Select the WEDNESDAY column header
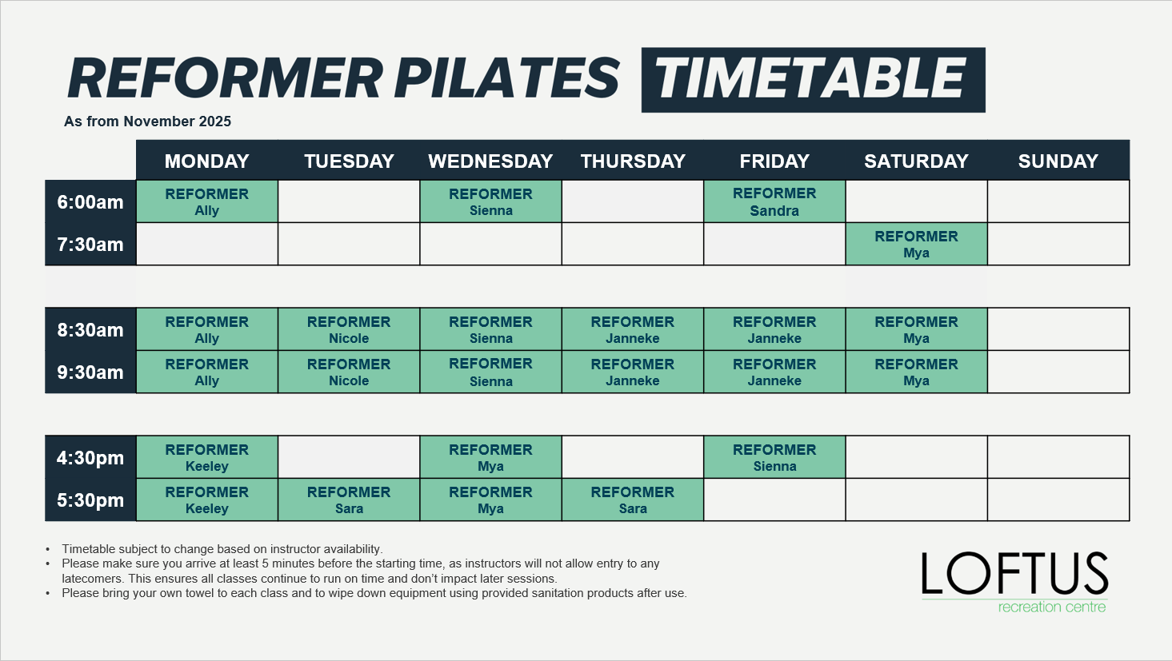point(490,161)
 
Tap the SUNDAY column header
point(1058,161)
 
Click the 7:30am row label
point(90,245)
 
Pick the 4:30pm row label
point(90,457)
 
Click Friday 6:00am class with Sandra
point(774,201)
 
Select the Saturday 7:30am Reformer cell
point(916,245)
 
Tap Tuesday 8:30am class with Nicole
point(349,329)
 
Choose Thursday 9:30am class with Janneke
point(633,372)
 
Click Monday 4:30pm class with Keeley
point(206,457)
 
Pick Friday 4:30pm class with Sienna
point(774,457)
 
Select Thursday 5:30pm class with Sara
point(633,500)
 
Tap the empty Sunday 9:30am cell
point(1058,372)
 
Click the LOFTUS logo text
point(1014,573)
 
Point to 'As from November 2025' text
point(147,121)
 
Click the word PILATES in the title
point(506,78)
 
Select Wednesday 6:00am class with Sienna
point(490,201)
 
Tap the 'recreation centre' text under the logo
point(1052,607)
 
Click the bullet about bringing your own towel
point(374,593)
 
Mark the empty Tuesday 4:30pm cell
point(349,457)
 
